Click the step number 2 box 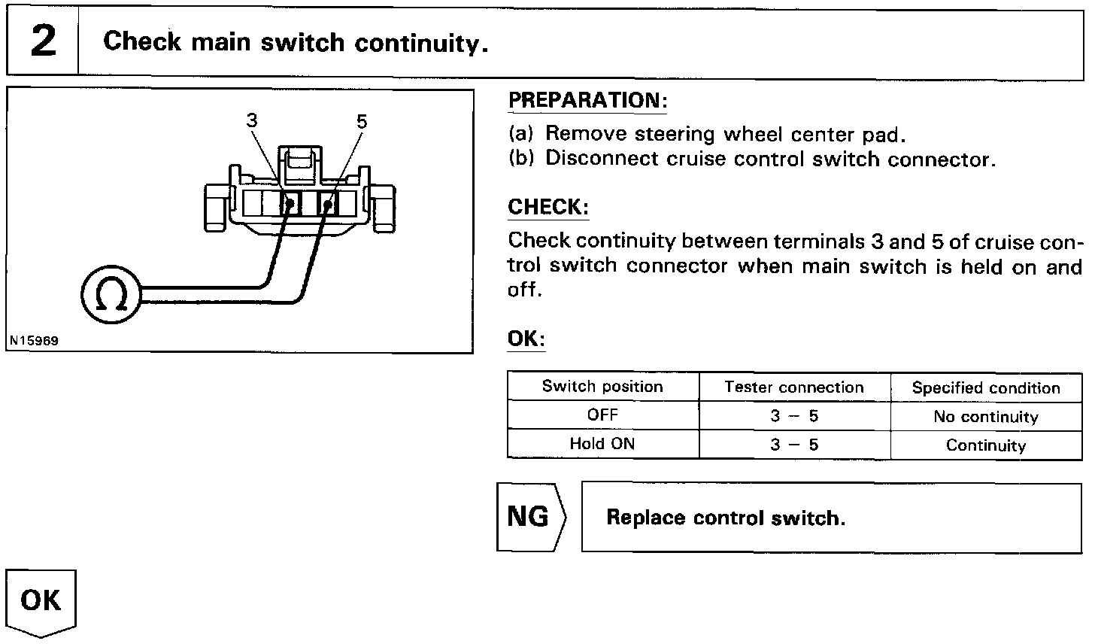tap(43, 42)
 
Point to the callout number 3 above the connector tap(251, 120)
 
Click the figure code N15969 tap(34, 340)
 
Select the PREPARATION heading tap(587, 100)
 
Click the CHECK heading tap(547, 207)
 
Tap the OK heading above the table tap(525, 339)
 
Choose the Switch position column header tap(602, 387)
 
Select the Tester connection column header tap(794, 387)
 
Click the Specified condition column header tap(986, 388)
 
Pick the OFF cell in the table tap(602, 415)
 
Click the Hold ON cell tap(602, 444)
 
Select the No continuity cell tap(986, 417)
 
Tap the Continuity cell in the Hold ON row tap(986, 445)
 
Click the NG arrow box tap(531, 517)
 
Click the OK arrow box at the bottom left tap(41, 602)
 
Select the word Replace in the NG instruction tap(645, 518)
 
